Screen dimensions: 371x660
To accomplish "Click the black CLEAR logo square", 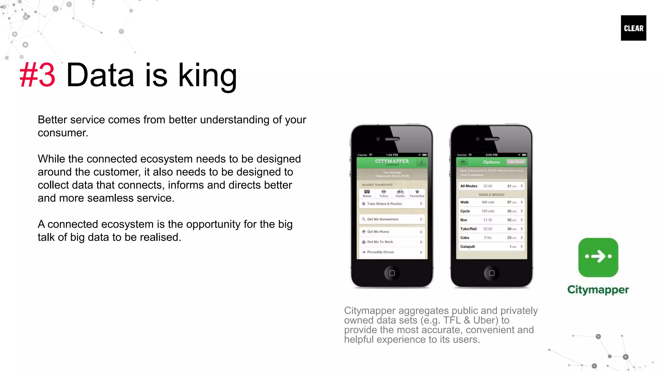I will [x=633, y=28].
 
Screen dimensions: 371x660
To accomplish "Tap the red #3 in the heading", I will [x=37, y=75].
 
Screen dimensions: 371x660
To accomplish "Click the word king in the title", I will [x=208, y=76].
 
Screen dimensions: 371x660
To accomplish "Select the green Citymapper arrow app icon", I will [x=598, y=257].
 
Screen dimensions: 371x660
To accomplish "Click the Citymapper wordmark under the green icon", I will [x=598, y=290].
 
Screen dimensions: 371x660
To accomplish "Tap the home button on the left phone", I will [x=392, y=273].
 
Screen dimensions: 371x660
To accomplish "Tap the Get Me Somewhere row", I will [x=392, y=219].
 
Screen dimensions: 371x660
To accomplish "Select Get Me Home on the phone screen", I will [x=392, y=232].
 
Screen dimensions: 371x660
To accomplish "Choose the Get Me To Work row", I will [x=392, y=242].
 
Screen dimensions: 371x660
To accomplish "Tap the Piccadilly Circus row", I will [x=392, y=252].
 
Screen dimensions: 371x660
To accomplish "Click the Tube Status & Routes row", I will [x=392, y=204].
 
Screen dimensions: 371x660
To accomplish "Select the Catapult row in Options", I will [x=491, y=247].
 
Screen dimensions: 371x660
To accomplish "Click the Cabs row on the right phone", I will [x=491, y=238].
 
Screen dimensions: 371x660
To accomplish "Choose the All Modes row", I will [x=491, y=186].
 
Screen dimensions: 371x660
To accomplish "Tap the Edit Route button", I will [x=516, y=162].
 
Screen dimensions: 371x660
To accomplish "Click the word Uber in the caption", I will [x=485, y=320].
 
